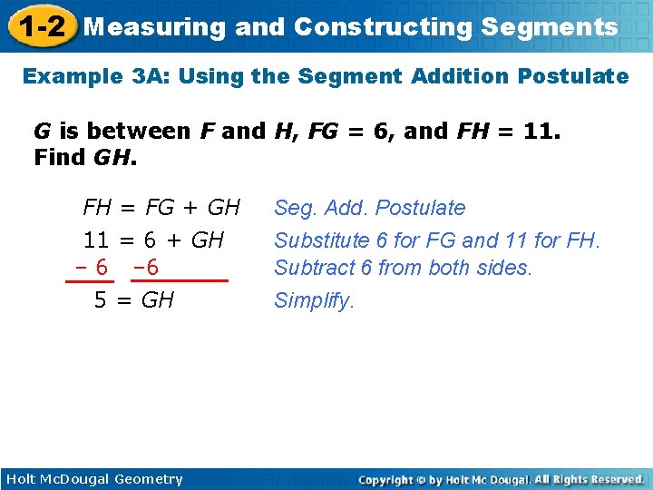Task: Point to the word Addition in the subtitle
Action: coord(460,76)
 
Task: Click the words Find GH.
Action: coord(85,158)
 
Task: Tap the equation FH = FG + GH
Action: coord(161,208)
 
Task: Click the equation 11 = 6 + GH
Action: coord(153,240)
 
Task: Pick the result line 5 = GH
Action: coord(134,300)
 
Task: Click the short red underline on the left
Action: coord(83,282)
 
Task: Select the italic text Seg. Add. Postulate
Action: coord(369,208)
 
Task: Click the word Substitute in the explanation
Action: coord(322,240)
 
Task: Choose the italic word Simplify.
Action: coord(314,300)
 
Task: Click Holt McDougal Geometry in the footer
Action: coord(94,479)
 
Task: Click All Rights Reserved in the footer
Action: coord(590,479)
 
